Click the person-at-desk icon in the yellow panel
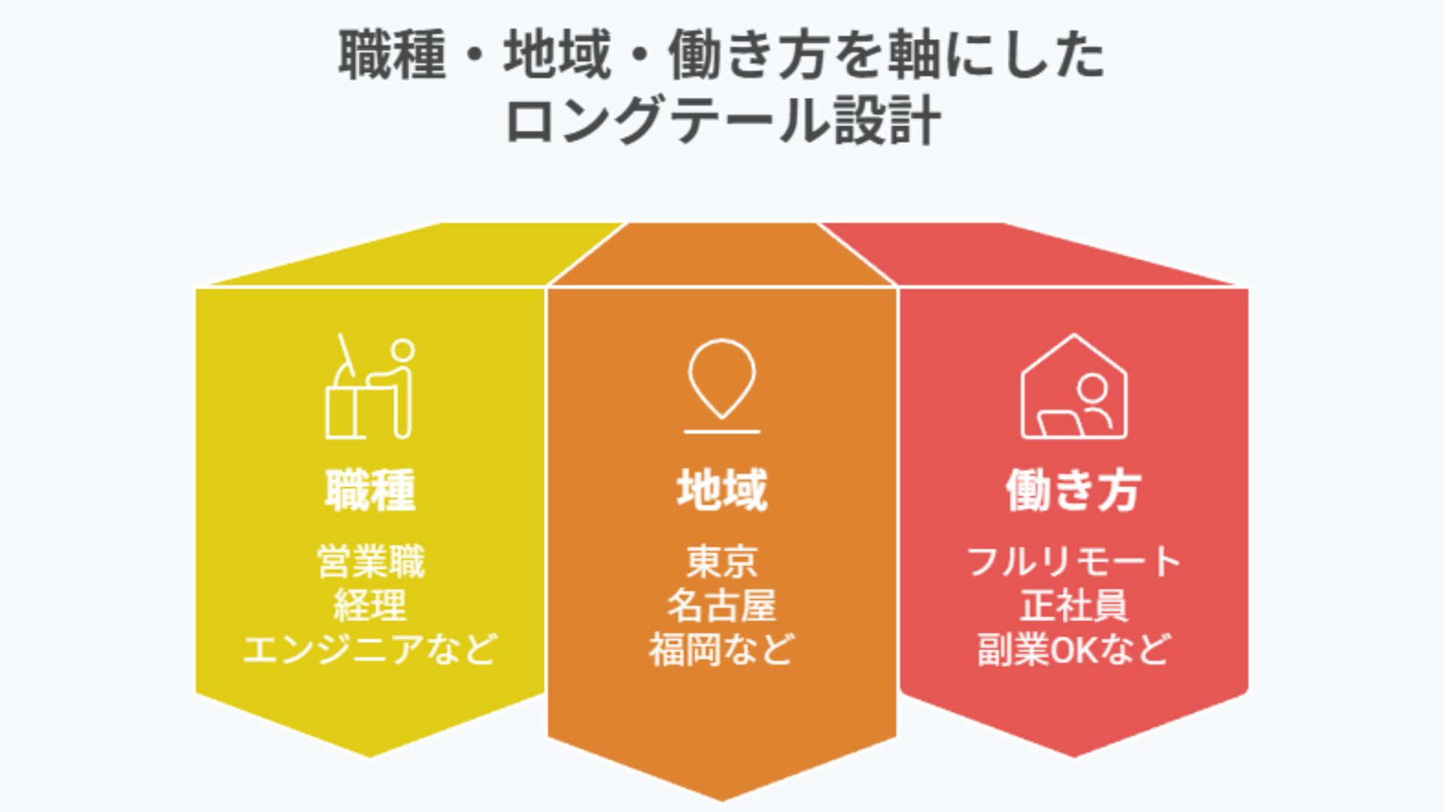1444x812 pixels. tap(369, 386)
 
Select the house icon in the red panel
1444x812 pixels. tap(1073, 386)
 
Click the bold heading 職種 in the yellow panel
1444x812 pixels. tap(369, 489)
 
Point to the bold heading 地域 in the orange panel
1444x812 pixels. tap(721, 489)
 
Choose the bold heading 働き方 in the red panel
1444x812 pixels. tap(1073, 489)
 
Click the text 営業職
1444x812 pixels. tap(370, 562)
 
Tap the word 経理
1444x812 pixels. tap(369, 605)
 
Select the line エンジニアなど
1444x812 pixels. tap(369, 649)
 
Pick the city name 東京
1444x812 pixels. tap(721, 562)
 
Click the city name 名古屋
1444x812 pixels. tap(721, 605)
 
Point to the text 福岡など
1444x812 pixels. tap(721, 649)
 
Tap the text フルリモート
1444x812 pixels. tap(1073, 562)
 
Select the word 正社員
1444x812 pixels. tap(1073, 605)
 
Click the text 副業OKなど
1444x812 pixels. tap(1073, 649)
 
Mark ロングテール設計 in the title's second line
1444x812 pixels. tap(723, 120)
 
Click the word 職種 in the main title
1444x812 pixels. tap(392, 55)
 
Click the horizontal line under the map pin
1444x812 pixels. tap(721, 432)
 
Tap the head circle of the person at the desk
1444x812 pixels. tap(402, 350)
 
